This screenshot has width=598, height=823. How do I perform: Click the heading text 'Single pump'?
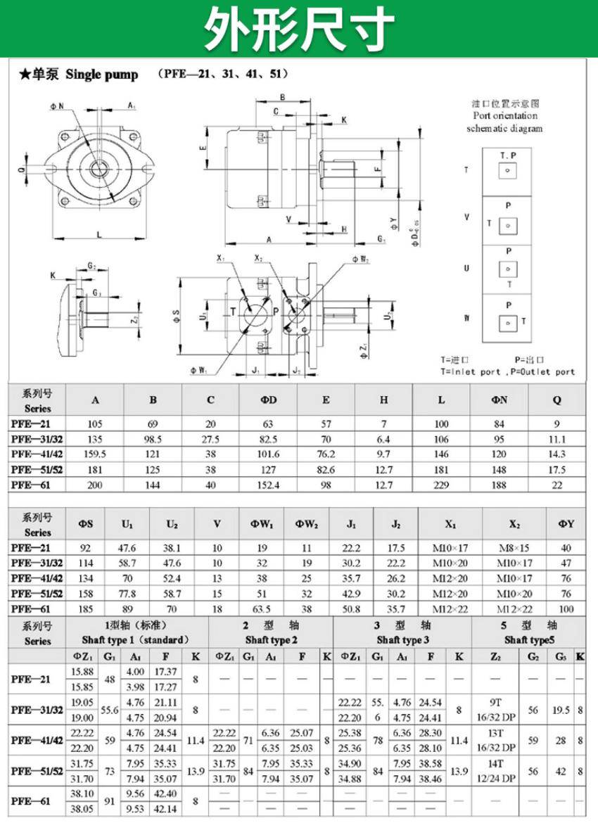[x=102, y=75]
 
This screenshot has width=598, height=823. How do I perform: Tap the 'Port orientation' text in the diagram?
[x=505, y=116]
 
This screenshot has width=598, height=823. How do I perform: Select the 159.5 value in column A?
[x=95, y=454]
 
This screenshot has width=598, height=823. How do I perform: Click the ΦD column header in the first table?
[x=268, y=400]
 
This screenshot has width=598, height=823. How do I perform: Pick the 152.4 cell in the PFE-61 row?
[x=268, y=485]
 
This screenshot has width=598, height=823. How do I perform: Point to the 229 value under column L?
[x=441, y=485]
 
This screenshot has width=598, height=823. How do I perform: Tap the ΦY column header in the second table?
[x=567, y=524]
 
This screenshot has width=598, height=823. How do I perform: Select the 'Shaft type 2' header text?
[x=271, y=640]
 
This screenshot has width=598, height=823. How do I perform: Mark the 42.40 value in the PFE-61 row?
[x=165, y=793]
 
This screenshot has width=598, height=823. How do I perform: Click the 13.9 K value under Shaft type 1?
[x=197, y=772]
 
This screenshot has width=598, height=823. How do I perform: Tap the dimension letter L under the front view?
[x=99, y=234]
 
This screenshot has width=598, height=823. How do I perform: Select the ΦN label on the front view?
[x=56, y=106]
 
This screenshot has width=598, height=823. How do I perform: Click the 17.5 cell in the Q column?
[x=556, y=470]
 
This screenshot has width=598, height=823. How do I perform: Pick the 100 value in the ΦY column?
[x=567, y=609]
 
